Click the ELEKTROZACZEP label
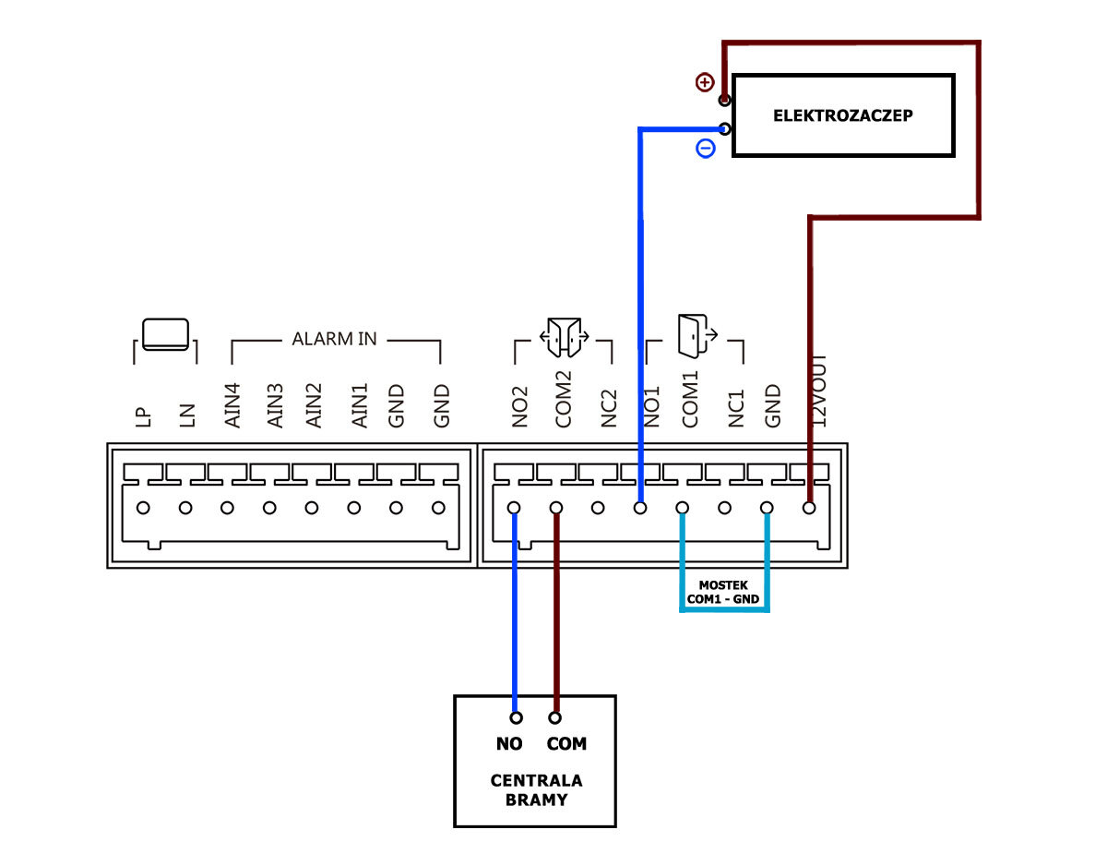[x=842, y=116]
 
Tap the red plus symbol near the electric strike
[x=705, y=82]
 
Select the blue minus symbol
[x=705, y=148]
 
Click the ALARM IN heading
[x=335, y=339]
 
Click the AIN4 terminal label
[x=233, y=405]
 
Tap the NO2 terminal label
[x=520, y=406]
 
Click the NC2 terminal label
[x=608, y=406]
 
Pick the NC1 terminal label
[x=735, y=406]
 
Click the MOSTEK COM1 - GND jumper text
[x=724, y=592]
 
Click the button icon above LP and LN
[x=165, y=334]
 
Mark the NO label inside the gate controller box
[x=508, y=744]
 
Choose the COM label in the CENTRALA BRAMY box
[x=566, y=744]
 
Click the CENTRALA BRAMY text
[x=536, y=789]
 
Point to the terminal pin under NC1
[x=725, y=508]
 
